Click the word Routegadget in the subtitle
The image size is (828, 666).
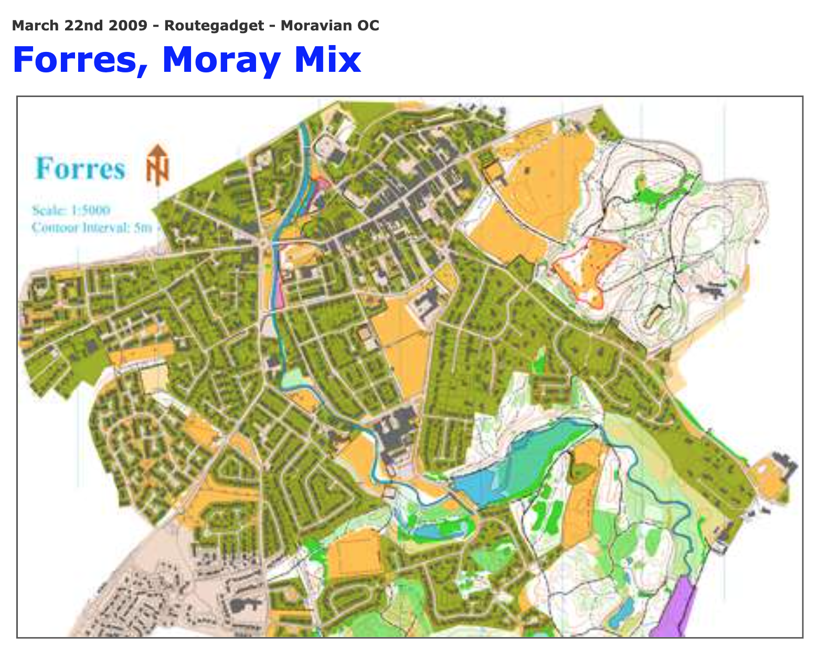(214, 25)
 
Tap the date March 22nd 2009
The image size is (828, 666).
(79, 25)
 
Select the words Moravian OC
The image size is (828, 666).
(330, 25)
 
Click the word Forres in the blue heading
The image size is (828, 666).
(79, 60)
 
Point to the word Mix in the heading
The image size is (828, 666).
(327, 60)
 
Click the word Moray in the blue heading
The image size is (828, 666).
(221, 60)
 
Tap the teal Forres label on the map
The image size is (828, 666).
(80, 169)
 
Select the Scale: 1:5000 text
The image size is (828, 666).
(71, 210)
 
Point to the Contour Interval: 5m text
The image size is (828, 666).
(92, 228)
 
